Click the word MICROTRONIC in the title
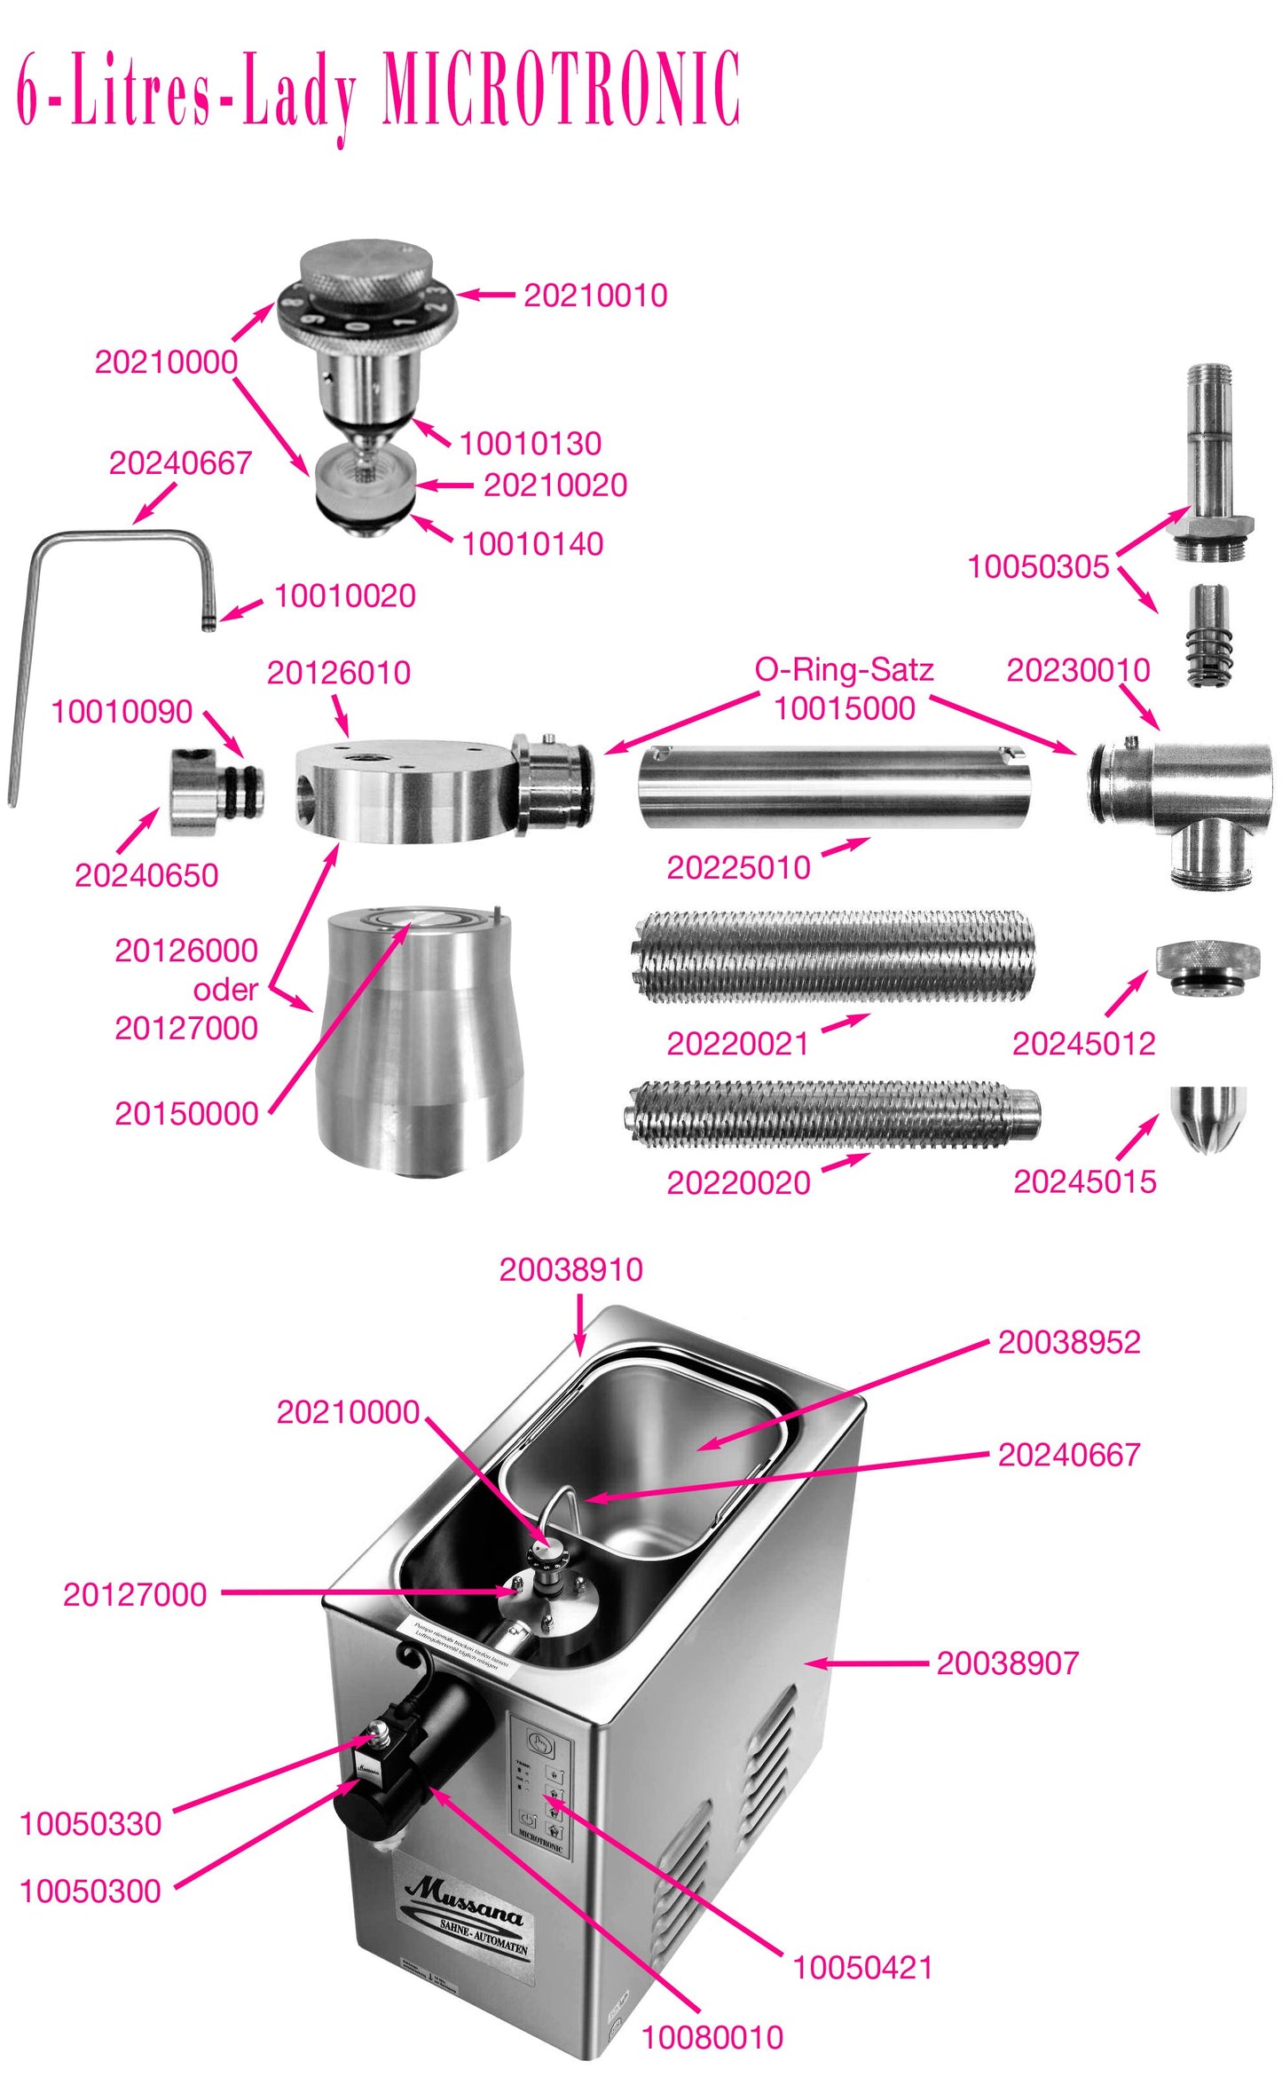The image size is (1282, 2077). click(x=561, y=89)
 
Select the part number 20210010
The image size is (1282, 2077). click(x=595, y=296)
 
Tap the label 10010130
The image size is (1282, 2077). click(x=531, y=443)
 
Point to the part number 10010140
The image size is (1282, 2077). click(x=532, y=543)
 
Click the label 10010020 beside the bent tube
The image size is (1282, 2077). click(x=345, y=596)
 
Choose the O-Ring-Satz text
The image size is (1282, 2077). click(x=844, y=669)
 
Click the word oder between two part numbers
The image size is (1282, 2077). click(x=225, y=989)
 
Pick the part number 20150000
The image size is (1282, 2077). click(x=186, y=1113)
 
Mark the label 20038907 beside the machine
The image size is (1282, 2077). click(x=1008, y=1662)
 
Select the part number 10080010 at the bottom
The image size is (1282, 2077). click(x=712, y=2037)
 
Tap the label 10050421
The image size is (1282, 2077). click(x=862, y=1968)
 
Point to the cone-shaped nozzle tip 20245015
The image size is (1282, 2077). click(x=1208, y=1117)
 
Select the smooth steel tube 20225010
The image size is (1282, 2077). click(x=834, y=787)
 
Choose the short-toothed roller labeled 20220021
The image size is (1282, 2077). click(x=834, y=956)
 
